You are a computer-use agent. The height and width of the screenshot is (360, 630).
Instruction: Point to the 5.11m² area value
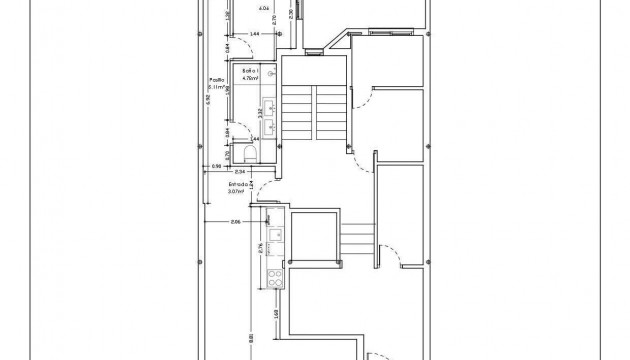[x=215, y=88]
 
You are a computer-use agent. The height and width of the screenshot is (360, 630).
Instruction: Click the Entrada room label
[x=238, y=184]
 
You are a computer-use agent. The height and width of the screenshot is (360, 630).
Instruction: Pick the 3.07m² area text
[x=238, y=191]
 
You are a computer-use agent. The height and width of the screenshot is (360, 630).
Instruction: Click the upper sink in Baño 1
[x=267, y=104]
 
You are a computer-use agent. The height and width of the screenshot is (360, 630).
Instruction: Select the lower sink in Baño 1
[x=267, y=126]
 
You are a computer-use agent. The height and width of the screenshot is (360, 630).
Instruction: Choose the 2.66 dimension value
[x=236, y=221]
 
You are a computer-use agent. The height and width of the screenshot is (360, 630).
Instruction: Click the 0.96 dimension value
[x=215, y=166]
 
